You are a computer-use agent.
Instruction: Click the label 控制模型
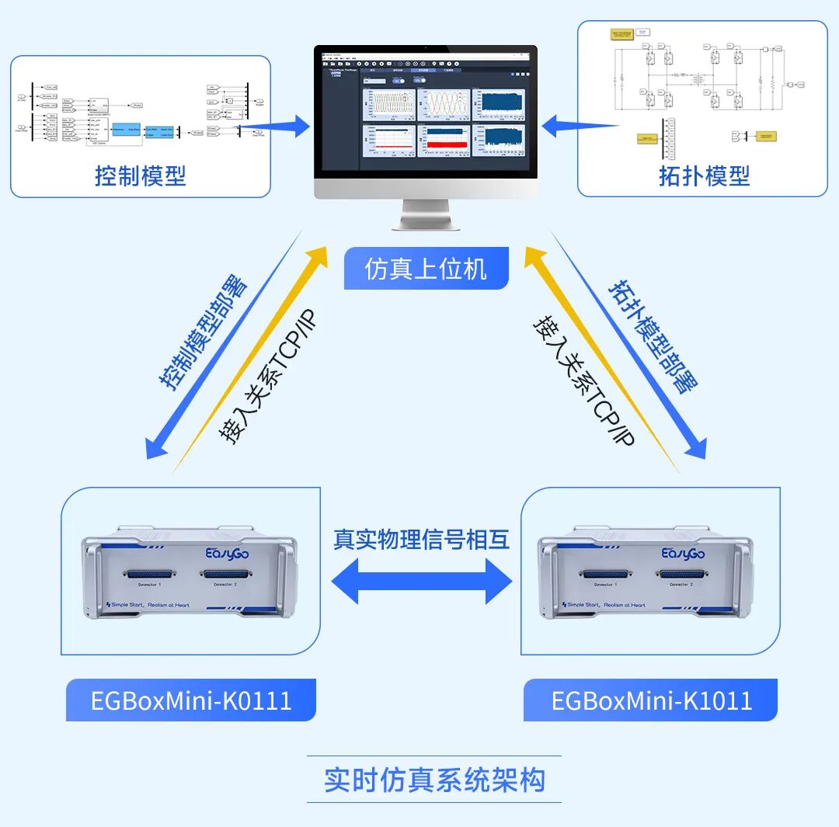[x=141, y=175]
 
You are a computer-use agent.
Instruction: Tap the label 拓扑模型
[x=704, y=175]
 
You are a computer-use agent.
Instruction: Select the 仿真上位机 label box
[x=426, y=269]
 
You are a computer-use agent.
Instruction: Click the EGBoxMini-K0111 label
[x=191, y=700]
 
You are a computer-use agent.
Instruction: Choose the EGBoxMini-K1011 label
[x=651, y=700]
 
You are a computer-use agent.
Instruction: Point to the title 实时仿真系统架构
[x=434, y=780]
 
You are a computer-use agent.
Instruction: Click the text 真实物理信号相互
[x=422, y=540]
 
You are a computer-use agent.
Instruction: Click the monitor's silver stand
[x=425, y=213]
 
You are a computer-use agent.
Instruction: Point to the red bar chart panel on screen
[x=444, y=144]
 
